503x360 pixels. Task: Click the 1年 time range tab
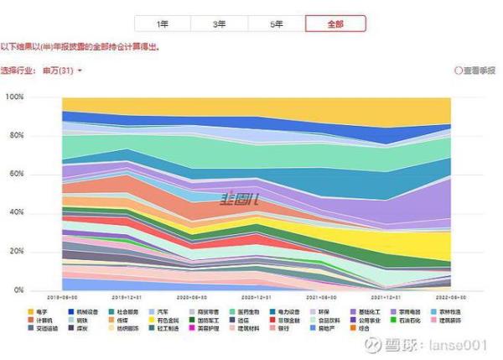pos(163,24)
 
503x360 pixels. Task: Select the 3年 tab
pos(220,24)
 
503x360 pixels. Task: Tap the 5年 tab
pos(277,24)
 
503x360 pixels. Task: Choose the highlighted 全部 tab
pos(334,24)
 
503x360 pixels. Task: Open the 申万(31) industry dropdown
pos(64,71)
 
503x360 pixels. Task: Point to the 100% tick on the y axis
pos(14,97)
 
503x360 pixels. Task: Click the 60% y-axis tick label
pos(16,175)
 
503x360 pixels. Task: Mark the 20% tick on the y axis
pos(16,252)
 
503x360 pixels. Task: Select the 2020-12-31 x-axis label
pos(257,297)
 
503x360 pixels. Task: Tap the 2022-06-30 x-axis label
pos(450,297)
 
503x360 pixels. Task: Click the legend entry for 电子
pos(39,311)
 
